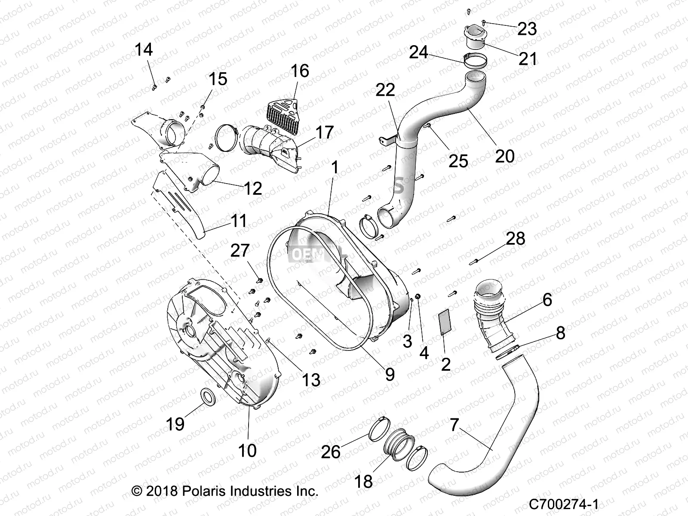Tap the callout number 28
tap(516, 238)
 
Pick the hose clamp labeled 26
tap(379, 430)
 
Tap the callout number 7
tap(455, 425)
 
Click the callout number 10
tap(247, 450)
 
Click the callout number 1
tap(335, 167)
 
